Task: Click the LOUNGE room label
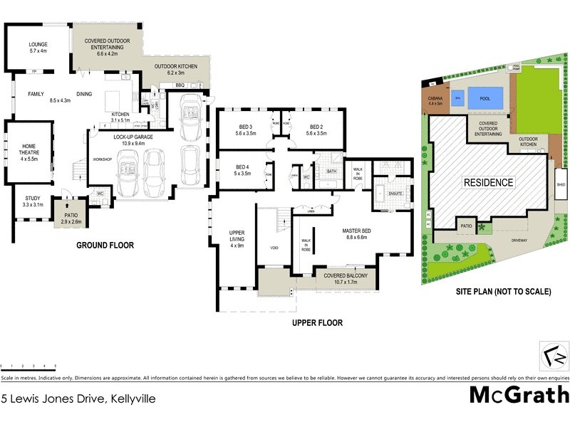click(x=38, y=44)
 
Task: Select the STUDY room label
click(x=33, y=199)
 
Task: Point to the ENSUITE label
click(x=394, y=192)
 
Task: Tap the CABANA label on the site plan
click(x=435, y=99)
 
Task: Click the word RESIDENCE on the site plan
click(x=489, y=182)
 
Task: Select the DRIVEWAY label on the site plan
click(x=519, y=240)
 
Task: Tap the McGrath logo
click(x=519, y=394)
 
